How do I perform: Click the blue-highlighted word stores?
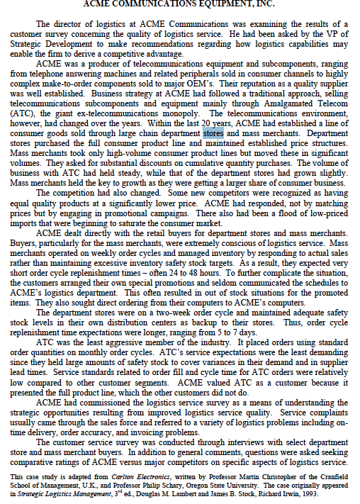point(213,133)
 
